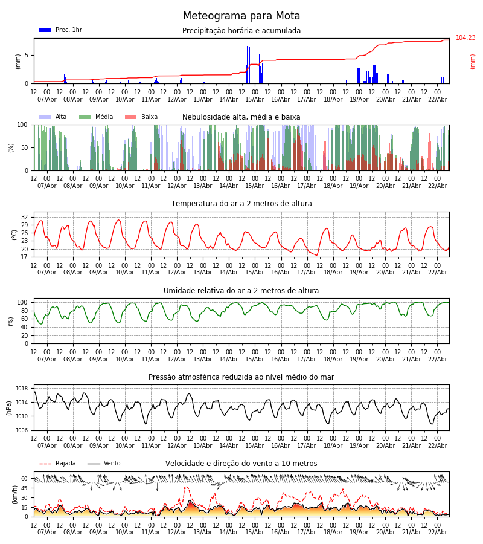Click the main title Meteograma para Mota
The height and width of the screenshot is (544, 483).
tap(241, 16)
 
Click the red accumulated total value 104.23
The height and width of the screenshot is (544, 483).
tap(465, 38)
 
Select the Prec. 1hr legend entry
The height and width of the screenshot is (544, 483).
tap(61, 30)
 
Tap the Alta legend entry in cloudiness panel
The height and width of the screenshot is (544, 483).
tap(54, 117)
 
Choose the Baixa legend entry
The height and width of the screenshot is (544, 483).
tap(141, 117)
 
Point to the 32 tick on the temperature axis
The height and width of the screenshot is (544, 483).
tap(25, 217)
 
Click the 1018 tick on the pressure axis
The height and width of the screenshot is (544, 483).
tap(22, 389)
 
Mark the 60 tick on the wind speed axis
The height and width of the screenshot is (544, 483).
tap(25, 478)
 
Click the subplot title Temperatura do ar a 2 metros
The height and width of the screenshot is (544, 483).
tap(241, 204)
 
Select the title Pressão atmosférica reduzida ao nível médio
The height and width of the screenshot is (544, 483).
tap(241, 377)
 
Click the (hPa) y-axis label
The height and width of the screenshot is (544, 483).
tap(10, 407)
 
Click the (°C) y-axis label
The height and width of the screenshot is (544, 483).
tap(14, 235)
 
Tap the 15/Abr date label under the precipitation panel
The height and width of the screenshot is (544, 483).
tap(255, 99)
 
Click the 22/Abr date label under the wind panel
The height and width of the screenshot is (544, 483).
tap(437, 532)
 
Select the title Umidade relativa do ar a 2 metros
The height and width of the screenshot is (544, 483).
tap(241, 291)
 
